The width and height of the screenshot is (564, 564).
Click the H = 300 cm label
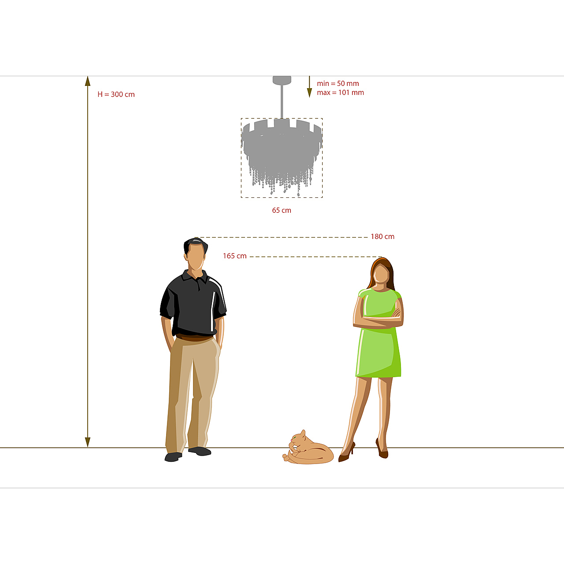116,94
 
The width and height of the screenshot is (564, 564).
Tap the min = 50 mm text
338,83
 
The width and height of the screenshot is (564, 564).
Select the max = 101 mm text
341,93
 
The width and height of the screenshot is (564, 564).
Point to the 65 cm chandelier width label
282,210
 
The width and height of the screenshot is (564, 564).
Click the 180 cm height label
382,237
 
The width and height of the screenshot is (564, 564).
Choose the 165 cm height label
235,256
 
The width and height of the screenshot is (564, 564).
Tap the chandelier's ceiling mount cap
282,80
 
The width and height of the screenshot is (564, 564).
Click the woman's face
381,274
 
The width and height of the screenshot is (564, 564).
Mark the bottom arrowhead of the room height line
88,442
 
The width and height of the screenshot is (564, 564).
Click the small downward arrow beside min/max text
309,87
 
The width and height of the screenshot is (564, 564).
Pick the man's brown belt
194,338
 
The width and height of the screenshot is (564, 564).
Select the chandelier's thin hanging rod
282,101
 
